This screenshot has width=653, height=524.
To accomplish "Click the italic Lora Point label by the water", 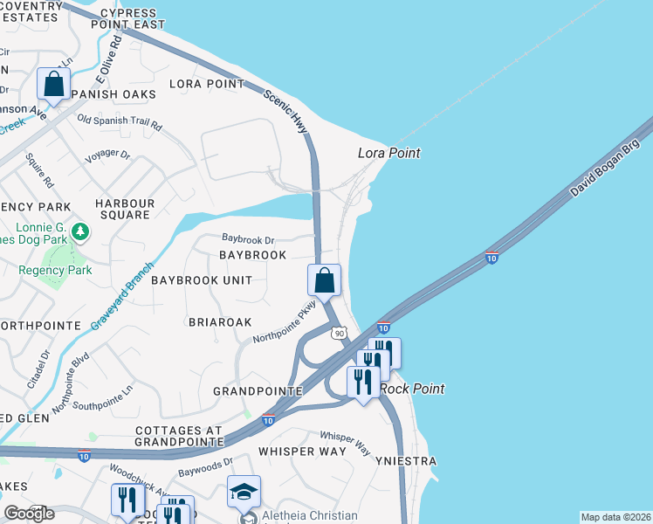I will coord(389,153).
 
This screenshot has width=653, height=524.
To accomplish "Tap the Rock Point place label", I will coord(412,389).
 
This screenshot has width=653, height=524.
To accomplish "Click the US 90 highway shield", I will coord(340,333).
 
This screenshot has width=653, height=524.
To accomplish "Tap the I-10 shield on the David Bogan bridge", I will coord(491,258).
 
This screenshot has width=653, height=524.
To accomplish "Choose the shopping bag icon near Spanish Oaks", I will coord(54,85).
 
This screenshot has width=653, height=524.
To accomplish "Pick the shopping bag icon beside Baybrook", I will coord(324,281).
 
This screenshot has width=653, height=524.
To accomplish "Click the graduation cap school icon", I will coord(244,492).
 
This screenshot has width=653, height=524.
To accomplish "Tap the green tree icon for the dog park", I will coord(80,231).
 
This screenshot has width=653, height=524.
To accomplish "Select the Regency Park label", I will coord(55,270).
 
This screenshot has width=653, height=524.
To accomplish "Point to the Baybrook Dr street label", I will coord(248,238).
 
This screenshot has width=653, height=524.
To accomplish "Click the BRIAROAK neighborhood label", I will coord(221,321).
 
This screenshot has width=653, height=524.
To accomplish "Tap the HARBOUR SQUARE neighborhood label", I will coord(125,209).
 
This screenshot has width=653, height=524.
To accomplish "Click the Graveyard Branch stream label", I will coord(121,296).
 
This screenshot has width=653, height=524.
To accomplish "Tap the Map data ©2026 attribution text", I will coord(615,517).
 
